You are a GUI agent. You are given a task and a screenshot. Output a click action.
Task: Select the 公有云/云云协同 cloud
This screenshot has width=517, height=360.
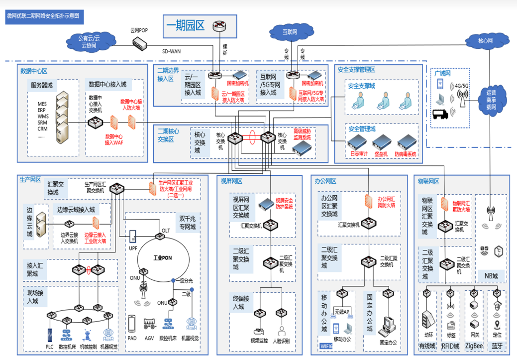[x=89, y=41]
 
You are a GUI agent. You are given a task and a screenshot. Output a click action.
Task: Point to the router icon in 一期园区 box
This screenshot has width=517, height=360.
[x=218, y=26]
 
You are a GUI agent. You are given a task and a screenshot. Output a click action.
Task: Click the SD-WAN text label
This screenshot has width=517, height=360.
[x=171, y=51]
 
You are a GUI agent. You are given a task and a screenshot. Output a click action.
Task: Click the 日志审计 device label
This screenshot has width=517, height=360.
[x=359, y=154]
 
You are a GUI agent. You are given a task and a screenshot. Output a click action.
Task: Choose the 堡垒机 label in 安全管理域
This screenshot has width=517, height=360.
[x=381, y=154]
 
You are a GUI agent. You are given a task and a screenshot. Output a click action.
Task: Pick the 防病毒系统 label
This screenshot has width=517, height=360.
[x=405, y=154]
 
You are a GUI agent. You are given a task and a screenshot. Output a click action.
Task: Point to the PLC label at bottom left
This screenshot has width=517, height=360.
[x=50, y=346]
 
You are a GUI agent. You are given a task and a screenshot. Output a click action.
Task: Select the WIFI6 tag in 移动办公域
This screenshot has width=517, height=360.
[x=326, y=346]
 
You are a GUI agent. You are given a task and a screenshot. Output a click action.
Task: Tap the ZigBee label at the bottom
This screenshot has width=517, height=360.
[x=474, y=346]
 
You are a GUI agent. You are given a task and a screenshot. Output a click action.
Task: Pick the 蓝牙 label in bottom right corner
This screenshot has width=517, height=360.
[x=497, y=346]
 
